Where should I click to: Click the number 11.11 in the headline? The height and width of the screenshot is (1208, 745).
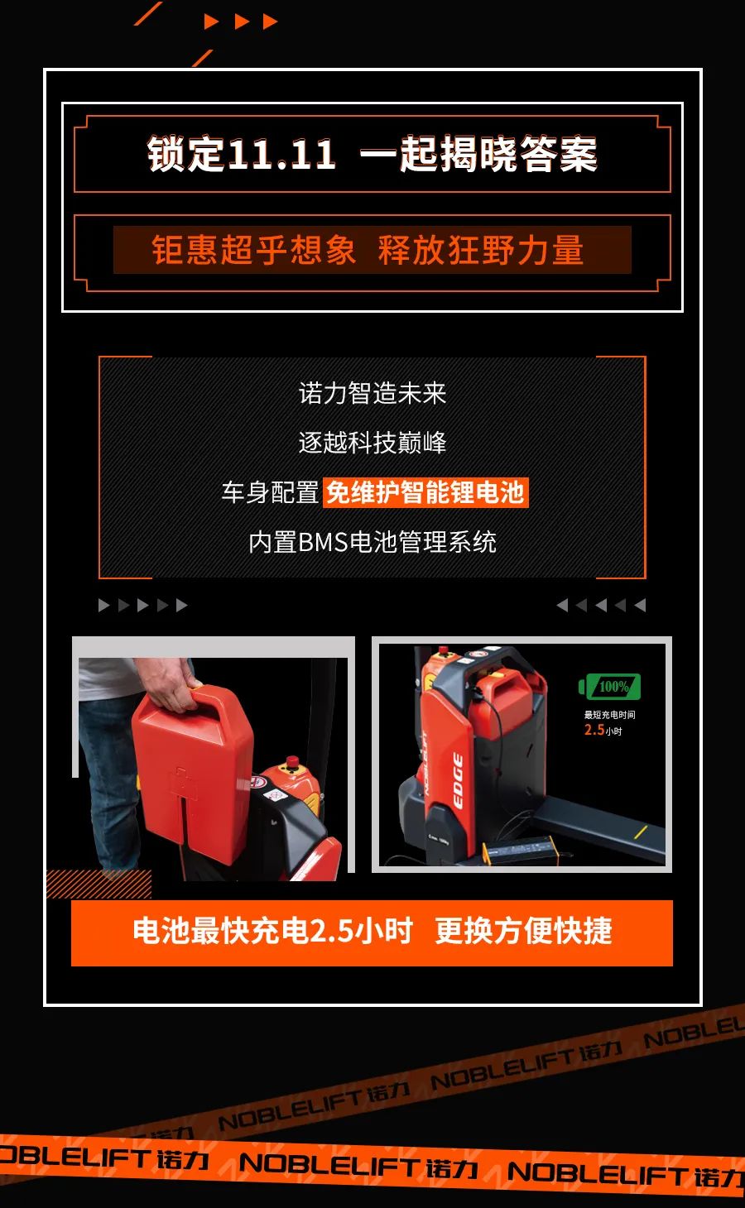click(x=281, y=154)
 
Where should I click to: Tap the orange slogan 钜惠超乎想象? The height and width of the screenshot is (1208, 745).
click(x=253, y=250)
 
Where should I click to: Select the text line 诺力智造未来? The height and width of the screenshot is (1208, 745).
click(x=372, y=393)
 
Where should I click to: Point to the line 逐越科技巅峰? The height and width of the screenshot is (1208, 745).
click(x=372, y=442)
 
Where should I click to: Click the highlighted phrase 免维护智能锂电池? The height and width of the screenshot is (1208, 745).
click(x=425, y=491)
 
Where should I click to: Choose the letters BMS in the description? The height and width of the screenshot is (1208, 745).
click(x=322, y=542)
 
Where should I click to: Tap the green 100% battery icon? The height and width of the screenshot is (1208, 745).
click(x=609, y=687)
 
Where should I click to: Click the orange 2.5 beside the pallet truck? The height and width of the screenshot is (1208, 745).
click(x=594, y=731)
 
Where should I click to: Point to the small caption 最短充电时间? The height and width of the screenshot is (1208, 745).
click(x=609, y=715)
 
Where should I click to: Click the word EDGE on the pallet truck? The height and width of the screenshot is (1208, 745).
click(x=458, y=781)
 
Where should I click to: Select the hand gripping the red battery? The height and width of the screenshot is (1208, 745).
click(x=167, y=683)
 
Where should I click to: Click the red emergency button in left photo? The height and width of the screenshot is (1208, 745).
click(x=292, y=761)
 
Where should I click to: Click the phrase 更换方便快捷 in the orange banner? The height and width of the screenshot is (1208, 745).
click(x=524, y=930)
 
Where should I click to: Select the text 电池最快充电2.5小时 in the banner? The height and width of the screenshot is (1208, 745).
click(x=273, y=930)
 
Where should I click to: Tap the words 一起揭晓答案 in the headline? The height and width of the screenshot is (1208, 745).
click(x=478, y=154)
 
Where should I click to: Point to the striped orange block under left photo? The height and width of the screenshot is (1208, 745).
click(x=99, y=884)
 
